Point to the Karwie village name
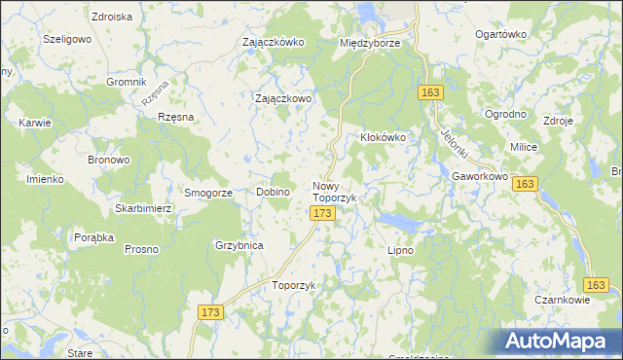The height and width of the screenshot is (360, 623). [x=34, y=124]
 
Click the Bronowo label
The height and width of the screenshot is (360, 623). [x=109, y=159]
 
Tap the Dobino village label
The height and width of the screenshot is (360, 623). [x=274, y=192]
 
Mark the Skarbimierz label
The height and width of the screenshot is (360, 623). [x=143, y=209]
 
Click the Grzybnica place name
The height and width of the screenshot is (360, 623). [x=239, y=245]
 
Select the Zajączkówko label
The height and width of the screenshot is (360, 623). [x=274, y=43]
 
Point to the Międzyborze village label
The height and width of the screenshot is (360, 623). [x=370, y=43]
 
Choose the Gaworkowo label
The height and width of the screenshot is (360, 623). [x=481, y=176]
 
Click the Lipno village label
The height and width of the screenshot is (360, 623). [x=401, y=250]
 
